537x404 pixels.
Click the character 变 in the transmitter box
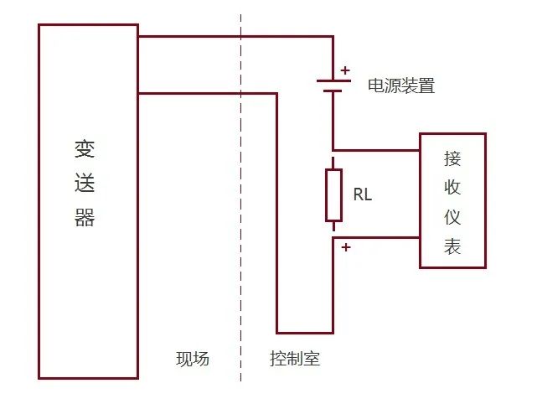85,150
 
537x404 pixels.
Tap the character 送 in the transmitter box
85,184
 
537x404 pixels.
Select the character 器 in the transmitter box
85,218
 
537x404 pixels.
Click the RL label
363,194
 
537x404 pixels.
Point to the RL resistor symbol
333,194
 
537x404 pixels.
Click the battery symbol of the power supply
333,85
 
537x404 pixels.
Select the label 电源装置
401,85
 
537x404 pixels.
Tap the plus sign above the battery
345,70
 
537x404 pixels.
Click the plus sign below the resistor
345,247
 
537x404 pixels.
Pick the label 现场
192,360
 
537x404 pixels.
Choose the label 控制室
295,360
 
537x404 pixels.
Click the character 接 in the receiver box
452,158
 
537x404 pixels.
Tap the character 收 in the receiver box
452,188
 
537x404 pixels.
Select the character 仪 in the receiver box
452,217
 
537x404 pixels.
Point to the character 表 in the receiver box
452,246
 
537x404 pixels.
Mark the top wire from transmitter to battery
235,37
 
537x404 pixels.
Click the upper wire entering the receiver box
377,151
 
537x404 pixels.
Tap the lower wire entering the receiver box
377,238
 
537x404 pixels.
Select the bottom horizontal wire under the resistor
305,333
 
